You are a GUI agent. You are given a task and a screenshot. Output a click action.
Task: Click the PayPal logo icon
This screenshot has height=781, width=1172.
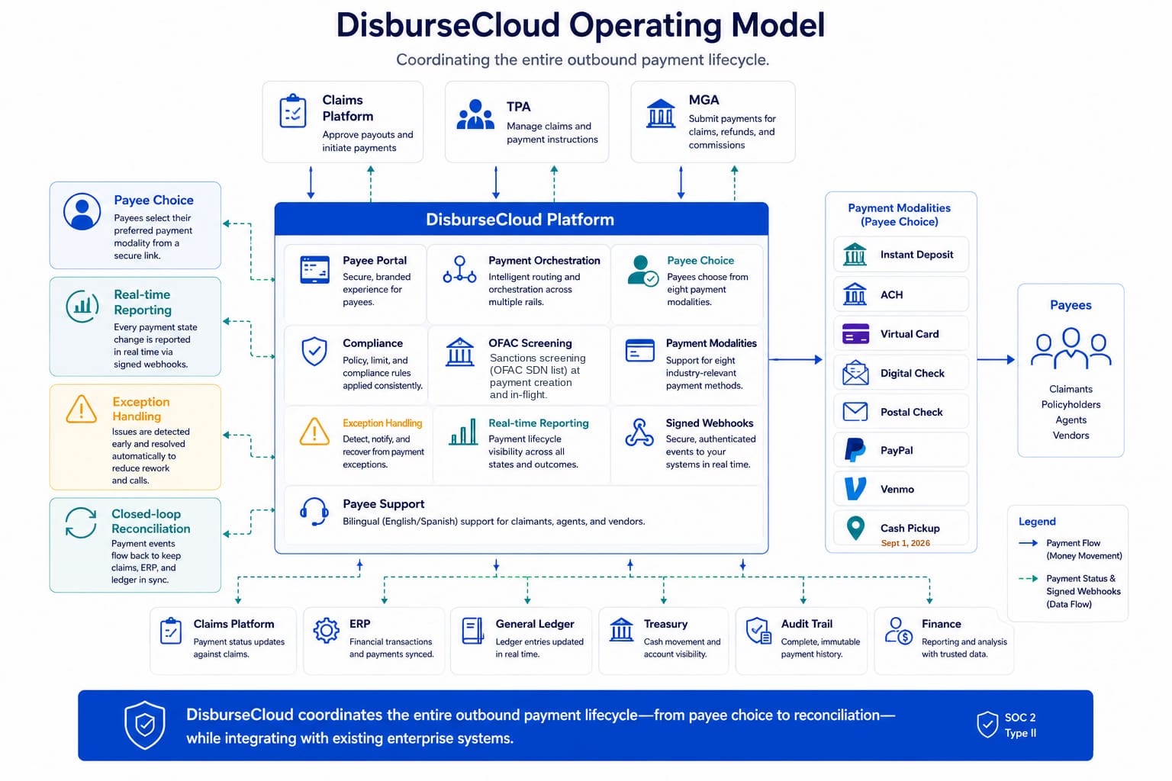[855, 451]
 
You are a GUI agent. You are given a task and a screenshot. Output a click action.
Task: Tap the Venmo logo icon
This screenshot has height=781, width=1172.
[855, 489]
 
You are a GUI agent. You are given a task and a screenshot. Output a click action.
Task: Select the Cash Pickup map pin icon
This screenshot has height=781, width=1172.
[855, 528]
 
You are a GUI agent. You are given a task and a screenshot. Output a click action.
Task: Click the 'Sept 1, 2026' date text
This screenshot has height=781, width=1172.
[905, 543]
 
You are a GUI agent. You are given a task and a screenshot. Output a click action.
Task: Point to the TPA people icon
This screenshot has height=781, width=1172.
[475, 114]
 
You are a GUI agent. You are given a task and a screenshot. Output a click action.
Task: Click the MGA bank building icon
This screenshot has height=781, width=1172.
[661, 114]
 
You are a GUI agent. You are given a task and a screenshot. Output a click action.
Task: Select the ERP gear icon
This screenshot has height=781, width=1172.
[326, 630]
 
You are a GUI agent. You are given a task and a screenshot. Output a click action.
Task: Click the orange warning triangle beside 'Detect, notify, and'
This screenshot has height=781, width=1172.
[314, 432]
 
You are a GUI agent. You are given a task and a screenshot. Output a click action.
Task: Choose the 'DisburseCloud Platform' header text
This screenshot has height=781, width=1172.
[520, 220]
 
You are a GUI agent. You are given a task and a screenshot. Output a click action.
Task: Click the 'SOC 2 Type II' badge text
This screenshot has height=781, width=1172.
[1020, 725]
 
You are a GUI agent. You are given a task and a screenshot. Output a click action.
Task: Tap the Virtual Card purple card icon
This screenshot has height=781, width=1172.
[855, 334]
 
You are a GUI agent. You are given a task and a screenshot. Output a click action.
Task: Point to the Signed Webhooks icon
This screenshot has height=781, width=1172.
[639, 432]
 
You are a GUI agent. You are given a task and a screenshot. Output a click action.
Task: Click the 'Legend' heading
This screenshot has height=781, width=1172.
[1037, 522]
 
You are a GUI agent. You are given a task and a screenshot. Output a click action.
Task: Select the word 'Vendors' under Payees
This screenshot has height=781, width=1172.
[1071, 435]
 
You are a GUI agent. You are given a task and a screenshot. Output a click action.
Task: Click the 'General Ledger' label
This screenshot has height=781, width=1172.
[535, 624]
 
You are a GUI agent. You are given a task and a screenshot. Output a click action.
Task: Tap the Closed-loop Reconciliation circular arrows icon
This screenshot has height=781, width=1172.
[81, 522]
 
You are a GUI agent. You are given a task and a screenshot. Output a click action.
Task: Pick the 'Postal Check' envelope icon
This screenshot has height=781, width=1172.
[855, 412]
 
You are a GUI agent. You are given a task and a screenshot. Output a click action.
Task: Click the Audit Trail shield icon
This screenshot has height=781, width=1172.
[758, 630]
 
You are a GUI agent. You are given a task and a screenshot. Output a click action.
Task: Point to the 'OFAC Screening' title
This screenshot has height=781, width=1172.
[530, 343]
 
